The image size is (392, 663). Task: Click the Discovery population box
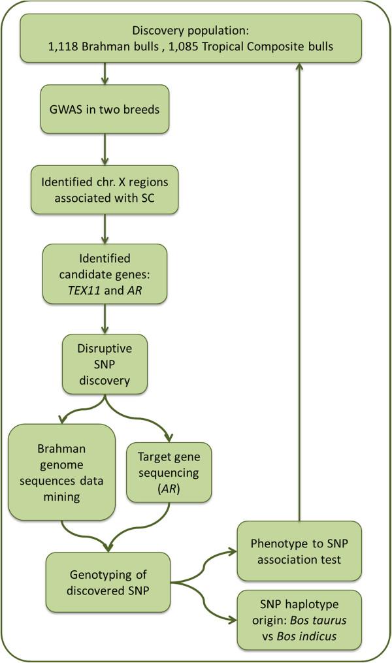click(191, 39)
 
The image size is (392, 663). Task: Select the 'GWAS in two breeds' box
click(105, 110)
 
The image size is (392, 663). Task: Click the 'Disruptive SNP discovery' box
click(105, 363)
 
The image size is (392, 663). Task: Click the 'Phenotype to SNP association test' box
click(299, 551)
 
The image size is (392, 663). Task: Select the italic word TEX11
click(78, 285)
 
